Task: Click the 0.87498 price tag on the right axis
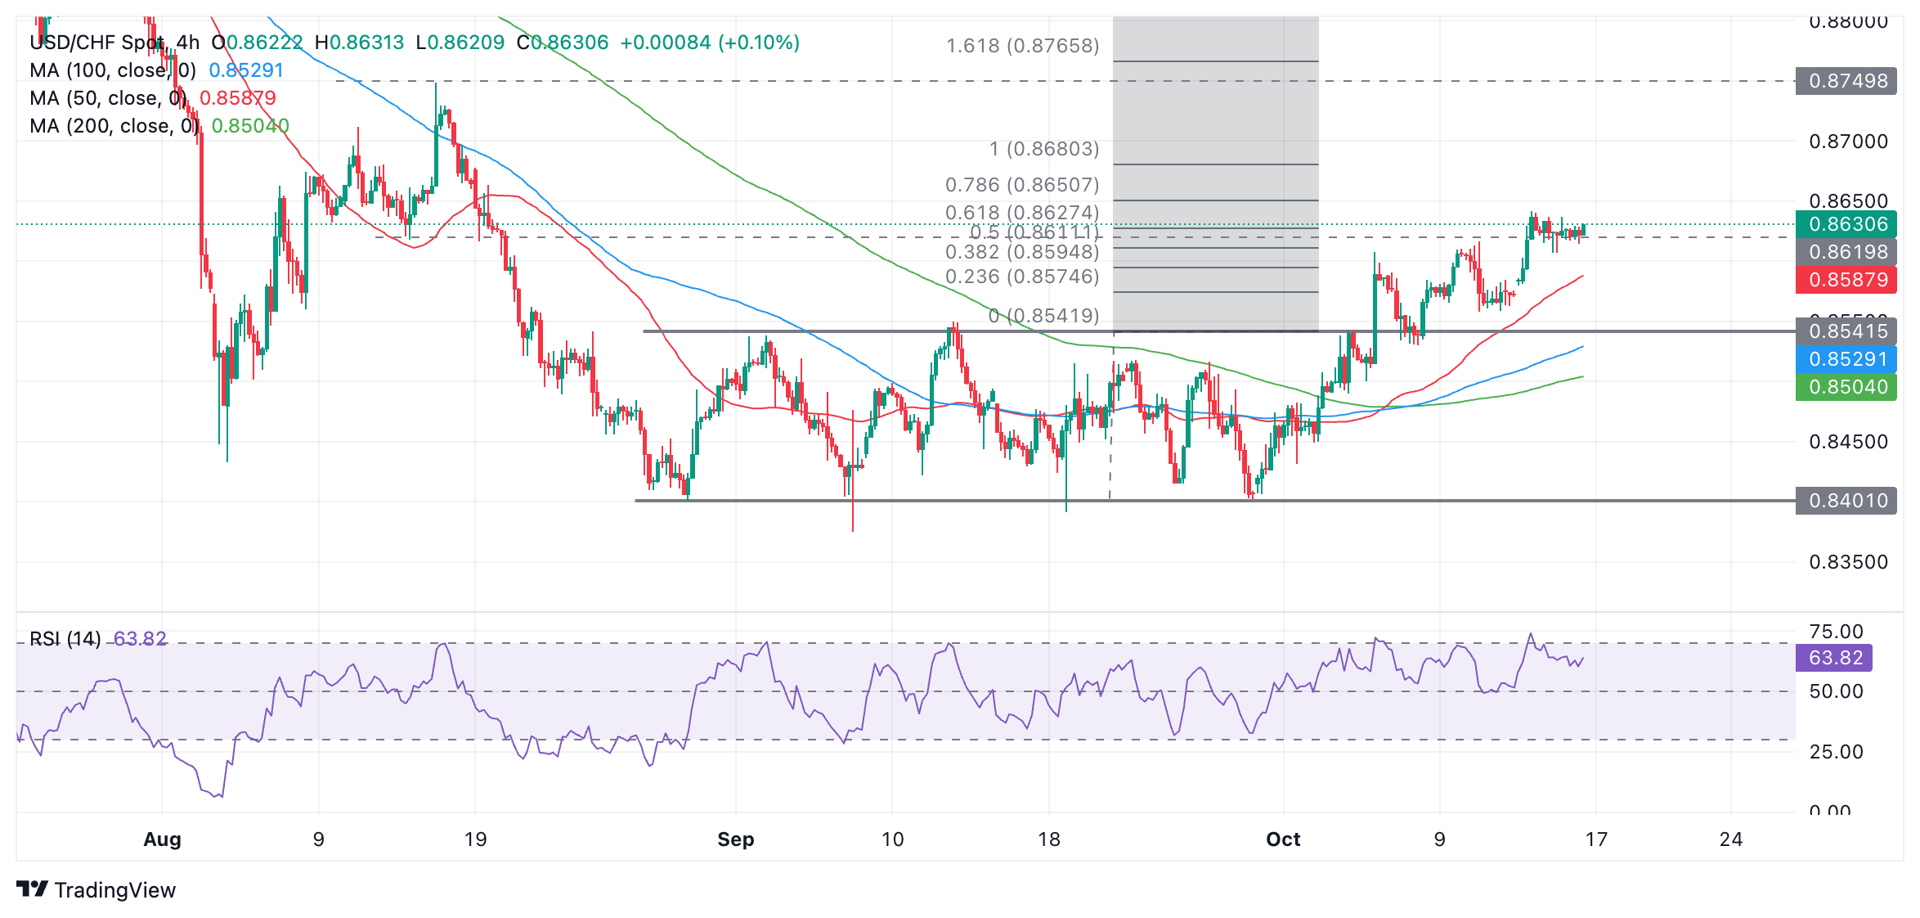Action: tap(1846, 81)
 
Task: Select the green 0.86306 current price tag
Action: tap(1846, 224)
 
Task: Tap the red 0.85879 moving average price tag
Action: tap(1846, 280)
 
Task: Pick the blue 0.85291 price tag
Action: tap(1846, 359)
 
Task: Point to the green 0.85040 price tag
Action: tap(1846, 387)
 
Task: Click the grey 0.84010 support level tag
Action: tap(1846, 501)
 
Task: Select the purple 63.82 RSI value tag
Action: tap(1834, 658)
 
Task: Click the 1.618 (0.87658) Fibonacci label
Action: tap(1022, 46)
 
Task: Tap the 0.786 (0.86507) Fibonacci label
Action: tap(1022, 185)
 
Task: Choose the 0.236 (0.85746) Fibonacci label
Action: tap(1022, 277)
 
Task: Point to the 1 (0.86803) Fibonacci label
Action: tap(1044, 149)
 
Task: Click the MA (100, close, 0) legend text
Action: tap(113, 70)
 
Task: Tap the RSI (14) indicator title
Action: tap(65, 638)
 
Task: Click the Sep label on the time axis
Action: tap(735, 839)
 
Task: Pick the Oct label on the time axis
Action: tap(1283, 839)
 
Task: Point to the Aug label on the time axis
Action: tap(162, 839)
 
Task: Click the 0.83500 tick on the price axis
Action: tap(1848, 562)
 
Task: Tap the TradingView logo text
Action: tap(114, 890)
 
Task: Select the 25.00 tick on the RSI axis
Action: tap(1836, 752)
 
